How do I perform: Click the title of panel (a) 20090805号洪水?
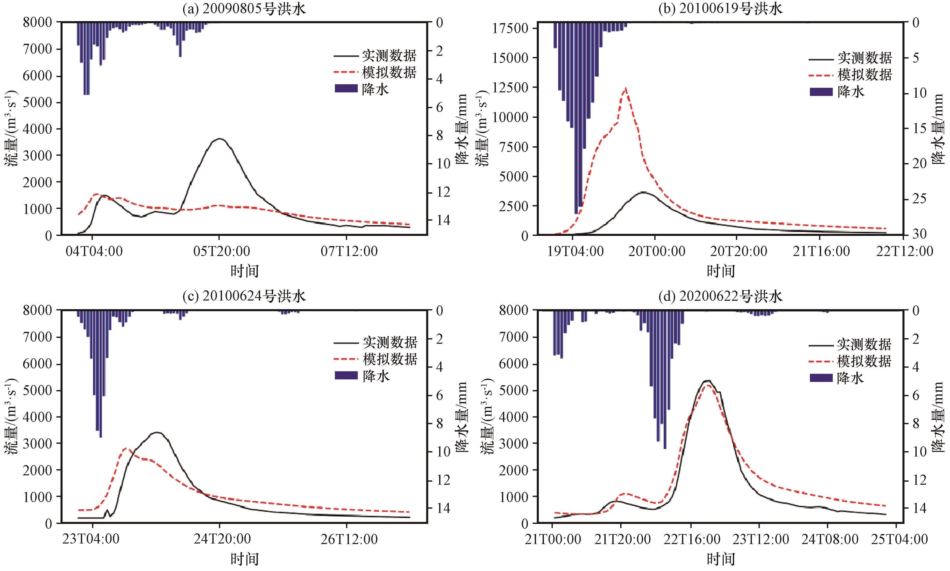tap(245, 8)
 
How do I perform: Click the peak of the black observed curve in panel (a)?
tap(219, 138)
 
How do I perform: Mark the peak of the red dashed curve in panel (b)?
tap(626, 88)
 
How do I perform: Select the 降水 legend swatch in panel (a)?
tap(346, 89)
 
